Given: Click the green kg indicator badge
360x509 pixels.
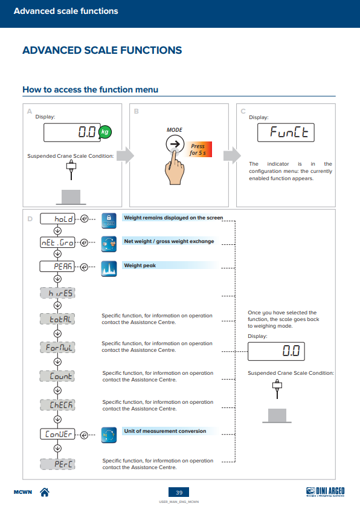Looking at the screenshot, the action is (104, 132).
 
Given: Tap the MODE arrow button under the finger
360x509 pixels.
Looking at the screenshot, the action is (175, 144).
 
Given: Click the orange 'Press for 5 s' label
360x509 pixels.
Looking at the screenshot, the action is (199, 149).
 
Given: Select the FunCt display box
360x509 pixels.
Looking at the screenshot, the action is (286, 132).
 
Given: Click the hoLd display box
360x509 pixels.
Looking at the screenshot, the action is (57, 219).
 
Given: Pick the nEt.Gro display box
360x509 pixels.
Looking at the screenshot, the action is (57, 242).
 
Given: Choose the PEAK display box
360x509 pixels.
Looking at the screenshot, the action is (57, 267).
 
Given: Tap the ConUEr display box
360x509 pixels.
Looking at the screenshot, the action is (57, 434).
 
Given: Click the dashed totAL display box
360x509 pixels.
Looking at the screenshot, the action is (57, 319).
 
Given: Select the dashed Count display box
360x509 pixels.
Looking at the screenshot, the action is (57, 376).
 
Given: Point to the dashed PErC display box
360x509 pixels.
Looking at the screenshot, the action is (57, 464).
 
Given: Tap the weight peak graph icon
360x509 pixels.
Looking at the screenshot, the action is (109, 269).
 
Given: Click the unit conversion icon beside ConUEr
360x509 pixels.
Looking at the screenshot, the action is (109, 435).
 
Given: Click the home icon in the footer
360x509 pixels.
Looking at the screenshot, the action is (45, 492).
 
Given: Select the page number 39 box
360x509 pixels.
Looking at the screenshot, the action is (179, 492).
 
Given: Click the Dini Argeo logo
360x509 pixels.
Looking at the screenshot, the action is (326, 492).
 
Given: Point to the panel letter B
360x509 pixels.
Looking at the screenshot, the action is (137, 111).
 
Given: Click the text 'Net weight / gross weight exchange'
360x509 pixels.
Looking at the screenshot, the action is (169, 241).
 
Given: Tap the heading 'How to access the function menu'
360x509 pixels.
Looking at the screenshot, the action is (90, 89).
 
